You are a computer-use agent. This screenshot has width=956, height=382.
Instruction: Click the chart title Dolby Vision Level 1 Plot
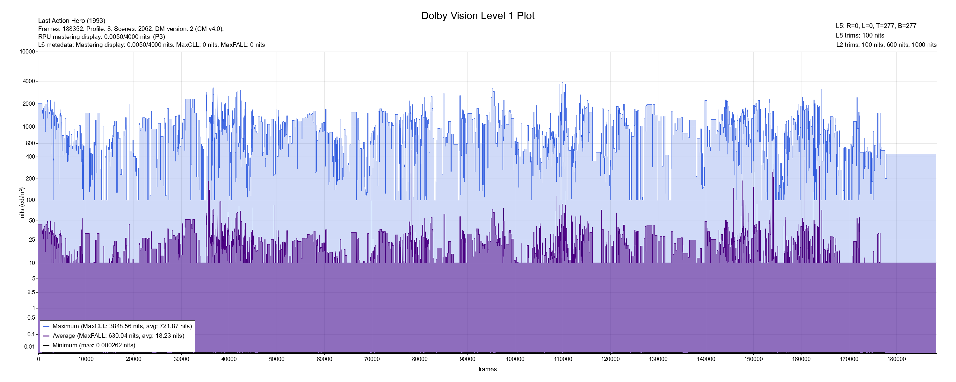(478, 16)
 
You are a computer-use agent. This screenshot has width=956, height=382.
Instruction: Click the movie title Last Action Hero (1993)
(72, 21)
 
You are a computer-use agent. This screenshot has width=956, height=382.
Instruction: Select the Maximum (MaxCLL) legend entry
(122, 326)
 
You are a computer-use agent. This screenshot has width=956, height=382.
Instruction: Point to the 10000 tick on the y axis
(27, 52)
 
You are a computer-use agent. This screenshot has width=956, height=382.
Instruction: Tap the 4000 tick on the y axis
(29, 81)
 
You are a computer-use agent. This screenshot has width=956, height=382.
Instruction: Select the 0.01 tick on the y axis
(30, 347)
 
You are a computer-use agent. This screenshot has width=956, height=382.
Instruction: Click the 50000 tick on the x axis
(277, 359)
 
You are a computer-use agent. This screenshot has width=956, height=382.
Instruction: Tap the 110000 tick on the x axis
(563, 359)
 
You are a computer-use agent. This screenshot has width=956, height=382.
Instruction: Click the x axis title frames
(487, 369)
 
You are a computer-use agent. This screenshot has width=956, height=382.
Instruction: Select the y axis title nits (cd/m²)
(22, 202)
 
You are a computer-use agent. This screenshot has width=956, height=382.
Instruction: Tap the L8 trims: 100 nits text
(860, 36)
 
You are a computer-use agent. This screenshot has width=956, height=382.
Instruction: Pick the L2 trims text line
(886, 45)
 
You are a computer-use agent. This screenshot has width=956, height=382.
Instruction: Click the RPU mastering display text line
(101, 37)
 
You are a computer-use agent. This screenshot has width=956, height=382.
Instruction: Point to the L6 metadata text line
(151, 45)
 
